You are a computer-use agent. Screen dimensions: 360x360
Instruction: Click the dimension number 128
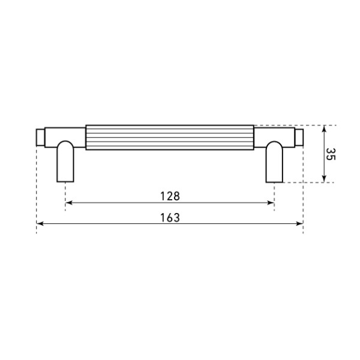(170, 196)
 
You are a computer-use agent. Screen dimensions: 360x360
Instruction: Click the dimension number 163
(170, 217)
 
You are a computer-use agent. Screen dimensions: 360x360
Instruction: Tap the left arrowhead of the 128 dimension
(68, 203)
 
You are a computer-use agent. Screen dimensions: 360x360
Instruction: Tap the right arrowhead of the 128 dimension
(271, 203)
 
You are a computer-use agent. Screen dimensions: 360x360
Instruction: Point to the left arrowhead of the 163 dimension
(40, 224)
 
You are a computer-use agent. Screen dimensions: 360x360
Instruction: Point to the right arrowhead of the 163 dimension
(299, 224)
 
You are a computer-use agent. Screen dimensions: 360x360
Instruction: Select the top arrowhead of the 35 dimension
(325, 128)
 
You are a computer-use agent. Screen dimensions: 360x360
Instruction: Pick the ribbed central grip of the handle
(170, 137)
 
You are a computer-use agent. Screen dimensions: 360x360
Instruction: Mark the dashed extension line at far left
(37, 186)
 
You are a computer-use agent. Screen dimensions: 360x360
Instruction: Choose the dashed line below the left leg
(65, 195)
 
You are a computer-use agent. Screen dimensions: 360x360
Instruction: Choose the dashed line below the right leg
(275, 195)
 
